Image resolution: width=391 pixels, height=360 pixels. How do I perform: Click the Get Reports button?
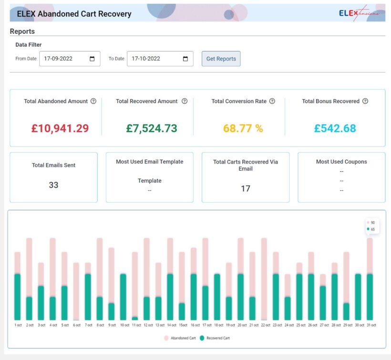point(221,59)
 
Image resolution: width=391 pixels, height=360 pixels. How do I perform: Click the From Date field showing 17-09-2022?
point(65,59)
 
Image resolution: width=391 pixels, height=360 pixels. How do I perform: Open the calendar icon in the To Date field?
point(185,59)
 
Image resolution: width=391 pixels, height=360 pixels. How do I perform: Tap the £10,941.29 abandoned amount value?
point(60,128)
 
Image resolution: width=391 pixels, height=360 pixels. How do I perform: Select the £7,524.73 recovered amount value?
point(152,128)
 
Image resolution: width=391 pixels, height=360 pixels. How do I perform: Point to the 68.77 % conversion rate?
point(243,128)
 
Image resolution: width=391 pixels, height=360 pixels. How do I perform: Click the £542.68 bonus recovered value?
point(335,128)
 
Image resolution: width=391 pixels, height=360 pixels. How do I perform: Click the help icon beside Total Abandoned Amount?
point(93,101)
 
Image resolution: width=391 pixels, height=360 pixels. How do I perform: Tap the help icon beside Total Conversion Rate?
point(272,101)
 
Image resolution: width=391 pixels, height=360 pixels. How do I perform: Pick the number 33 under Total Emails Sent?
point(53,185)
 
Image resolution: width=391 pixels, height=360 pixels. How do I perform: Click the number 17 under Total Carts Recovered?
point(245,188)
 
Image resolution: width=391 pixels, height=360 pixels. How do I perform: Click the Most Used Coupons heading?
point(341,162)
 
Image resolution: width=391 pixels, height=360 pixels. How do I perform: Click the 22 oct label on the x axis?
point(264,325)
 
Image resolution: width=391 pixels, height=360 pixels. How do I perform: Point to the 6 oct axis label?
point(76,325)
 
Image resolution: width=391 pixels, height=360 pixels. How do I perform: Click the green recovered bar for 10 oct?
point(123,297)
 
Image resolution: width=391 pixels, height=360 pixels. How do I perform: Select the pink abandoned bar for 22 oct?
point(264,279)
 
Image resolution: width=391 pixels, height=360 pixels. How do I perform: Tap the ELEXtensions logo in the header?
point(359,13)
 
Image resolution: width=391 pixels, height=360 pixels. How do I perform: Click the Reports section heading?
point(22,31)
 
